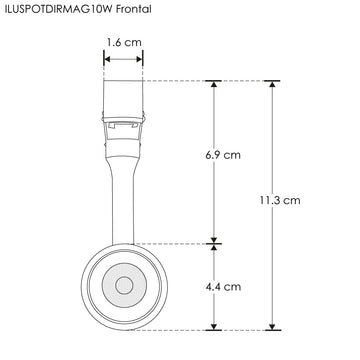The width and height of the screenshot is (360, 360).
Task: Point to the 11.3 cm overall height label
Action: tap(278, 200)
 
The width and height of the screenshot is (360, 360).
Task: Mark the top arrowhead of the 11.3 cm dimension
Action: tap(271, 84)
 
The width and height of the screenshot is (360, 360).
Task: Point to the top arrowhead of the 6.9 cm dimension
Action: tap(212, 84)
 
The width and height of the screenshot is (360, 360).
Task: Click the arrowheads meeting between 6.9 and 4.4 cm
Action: tap(212, 242)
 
